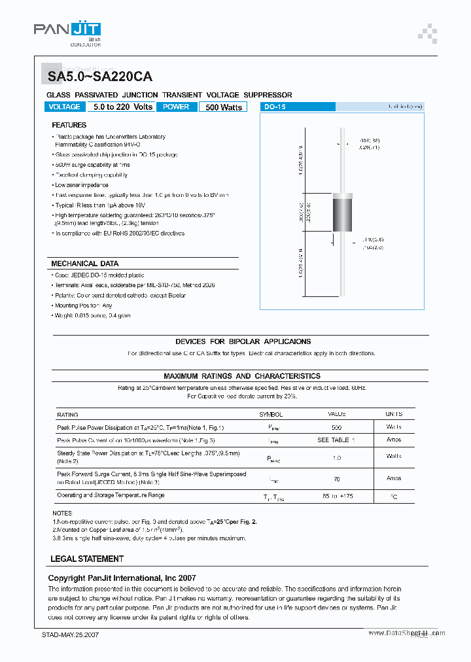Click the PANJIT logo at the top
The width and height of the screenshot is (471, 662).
point(67,30)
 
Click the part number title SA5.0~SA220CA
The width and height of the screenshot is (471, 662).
point(100,77)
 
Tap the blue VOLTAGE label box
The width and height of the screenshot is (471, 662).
point(65,107)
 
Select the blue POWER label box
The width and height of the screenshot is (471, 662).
point(176,107)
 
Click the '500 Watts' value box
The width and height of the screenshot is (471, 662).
point(223,107)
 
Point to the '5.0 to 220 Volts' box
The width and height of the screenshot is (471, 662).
point(123,107)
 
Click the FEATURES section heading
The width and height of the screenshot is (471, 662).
point(69,125)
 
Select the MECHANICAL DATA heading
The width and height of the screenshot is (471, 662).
point(85,264)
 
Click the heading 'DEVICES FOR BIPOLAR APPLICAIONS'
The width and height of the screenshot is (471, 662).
point(243,341)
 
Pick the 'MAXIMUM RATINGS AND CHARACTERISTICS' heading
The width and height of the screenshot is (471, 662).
point(242,376)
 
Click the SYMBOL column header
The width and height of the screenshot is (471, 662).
point(271,415)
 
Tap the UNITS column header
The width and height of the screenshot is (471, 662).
point(394,415)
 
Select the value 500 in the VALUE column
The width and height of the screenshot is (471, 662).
point(336,427)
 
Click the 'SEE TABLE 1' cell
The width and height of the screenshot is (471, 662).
point(336,440)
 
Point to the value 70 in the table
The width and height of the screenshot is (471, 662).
point(336,479)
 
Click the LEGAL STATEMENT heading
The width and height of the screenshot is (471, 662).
point(87,559)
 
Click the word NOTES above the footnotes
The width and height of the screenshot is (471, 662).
point(63,514)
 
